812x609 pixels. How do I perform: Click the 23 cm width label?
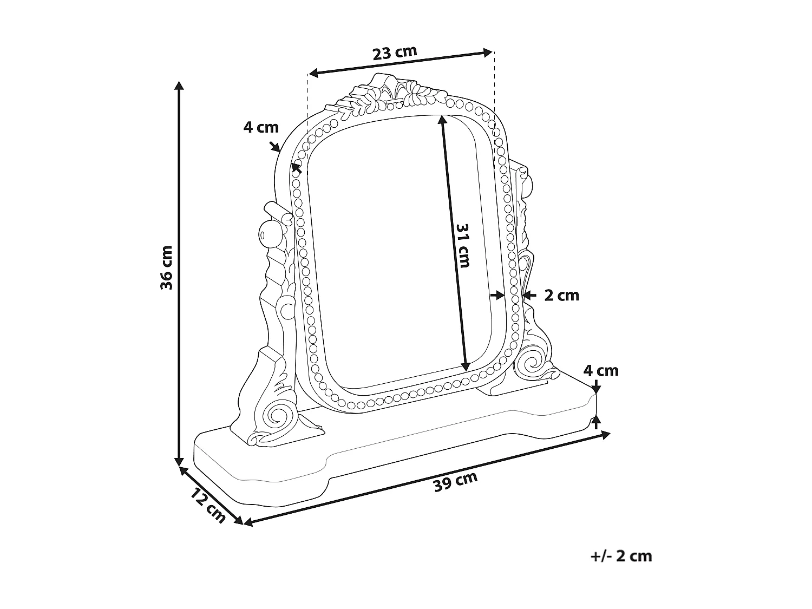coord(395,53)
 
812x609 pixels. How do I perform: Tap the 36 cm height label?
coord(167,267)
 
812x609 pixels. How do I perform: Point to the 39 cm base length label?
coord(455,481)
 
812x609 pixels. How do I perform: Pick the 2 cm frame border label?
coord(561,296)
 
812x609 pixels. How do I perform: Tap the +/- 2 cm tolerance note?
coord(621,556)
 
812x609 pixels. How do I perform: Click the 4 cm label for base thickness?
coord(600,371)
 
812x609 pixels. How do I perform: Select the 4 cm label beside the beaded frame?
coord(260,127)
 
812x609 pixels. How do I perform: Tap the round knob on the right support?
coord(529,185)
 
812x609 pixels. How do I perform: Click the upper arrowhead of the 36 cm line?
coord(179,85)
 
